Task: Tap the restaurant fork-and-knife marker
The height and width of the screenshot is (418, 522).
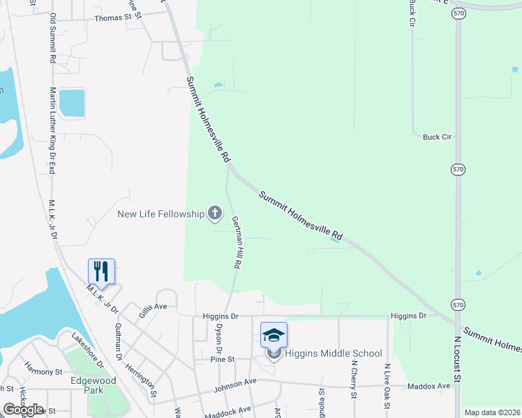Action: (x=101, y=271)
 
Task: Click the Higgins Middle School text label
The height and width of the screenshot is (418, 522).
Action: (x=334, y=353)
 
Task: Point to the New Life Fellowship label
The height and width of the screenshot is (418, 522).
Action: (x=161, y=214)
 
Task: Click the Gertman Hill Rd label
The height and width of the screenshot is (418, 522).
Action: (x=237, y=243)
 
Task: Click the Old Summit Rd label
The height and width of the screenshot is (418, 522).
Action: (x=52, y=38)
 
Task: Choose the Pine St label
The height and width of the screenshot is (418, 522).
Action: (x=221, y=359)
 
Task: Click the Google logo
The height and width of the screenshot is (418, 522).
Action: (x=23, y=409)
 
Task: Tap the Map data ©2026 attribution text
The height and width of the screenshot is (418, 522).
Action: (x=491, y=412)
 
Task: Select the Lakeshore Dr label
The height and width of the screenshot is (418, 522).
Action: (x=88, y=348)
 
